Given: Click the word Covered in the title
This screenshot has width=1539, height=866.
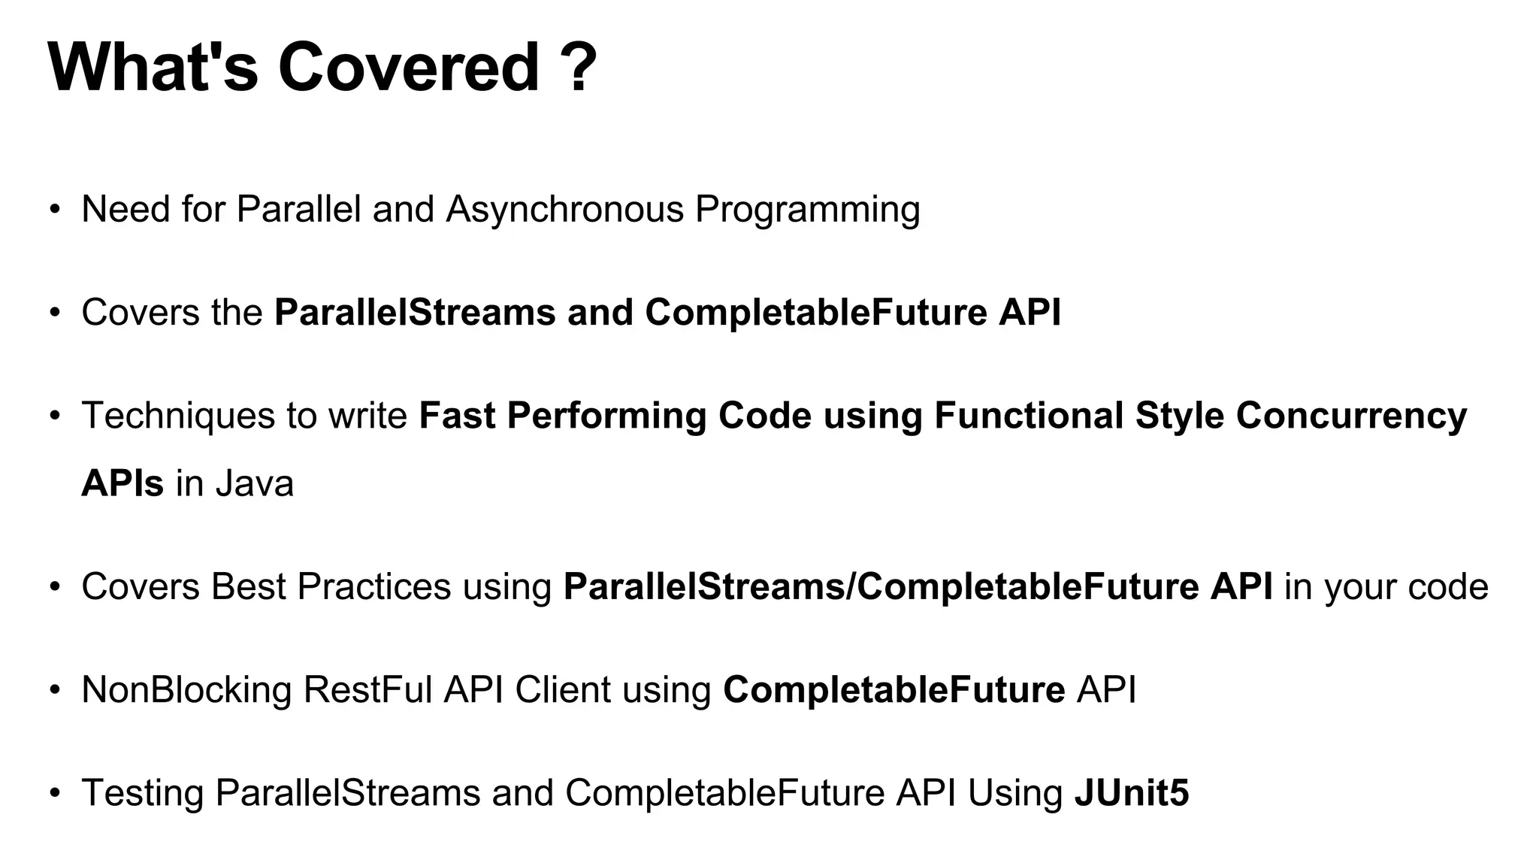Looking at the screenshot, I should (x=409, y=68).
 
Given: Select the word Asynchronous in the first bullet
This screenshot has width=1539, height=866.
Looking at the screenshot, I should (x=565, y=210).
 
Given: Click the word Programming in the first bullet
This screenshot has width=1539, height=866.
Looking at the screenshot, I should (x=807, y=210).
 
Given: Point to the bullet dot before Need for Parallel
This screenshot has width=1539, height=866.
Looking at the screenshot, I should (x=54, y=210).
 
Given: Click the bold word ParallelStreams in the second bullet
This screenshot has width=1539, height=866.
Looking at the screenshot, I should (x=415, y=313).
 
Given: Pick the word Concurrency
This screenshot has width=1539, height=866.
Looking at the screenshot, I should (x=1351, y=416).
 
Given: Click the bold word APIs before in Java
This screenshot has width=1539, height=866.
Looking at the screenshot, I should (x=122, y=483).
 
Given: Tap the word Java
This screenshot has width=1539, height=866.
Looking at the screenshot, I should (x=255, y=483).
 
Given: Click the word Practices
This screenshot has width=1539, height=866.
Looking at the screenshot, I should (x=373, y=587).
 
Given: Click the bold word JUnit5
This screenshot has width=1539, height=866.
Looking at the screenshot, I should (x=1132, y=793).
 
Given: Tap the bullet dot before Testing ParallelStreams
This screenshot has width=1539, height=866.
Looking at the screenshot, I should (x=54, y=793).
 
